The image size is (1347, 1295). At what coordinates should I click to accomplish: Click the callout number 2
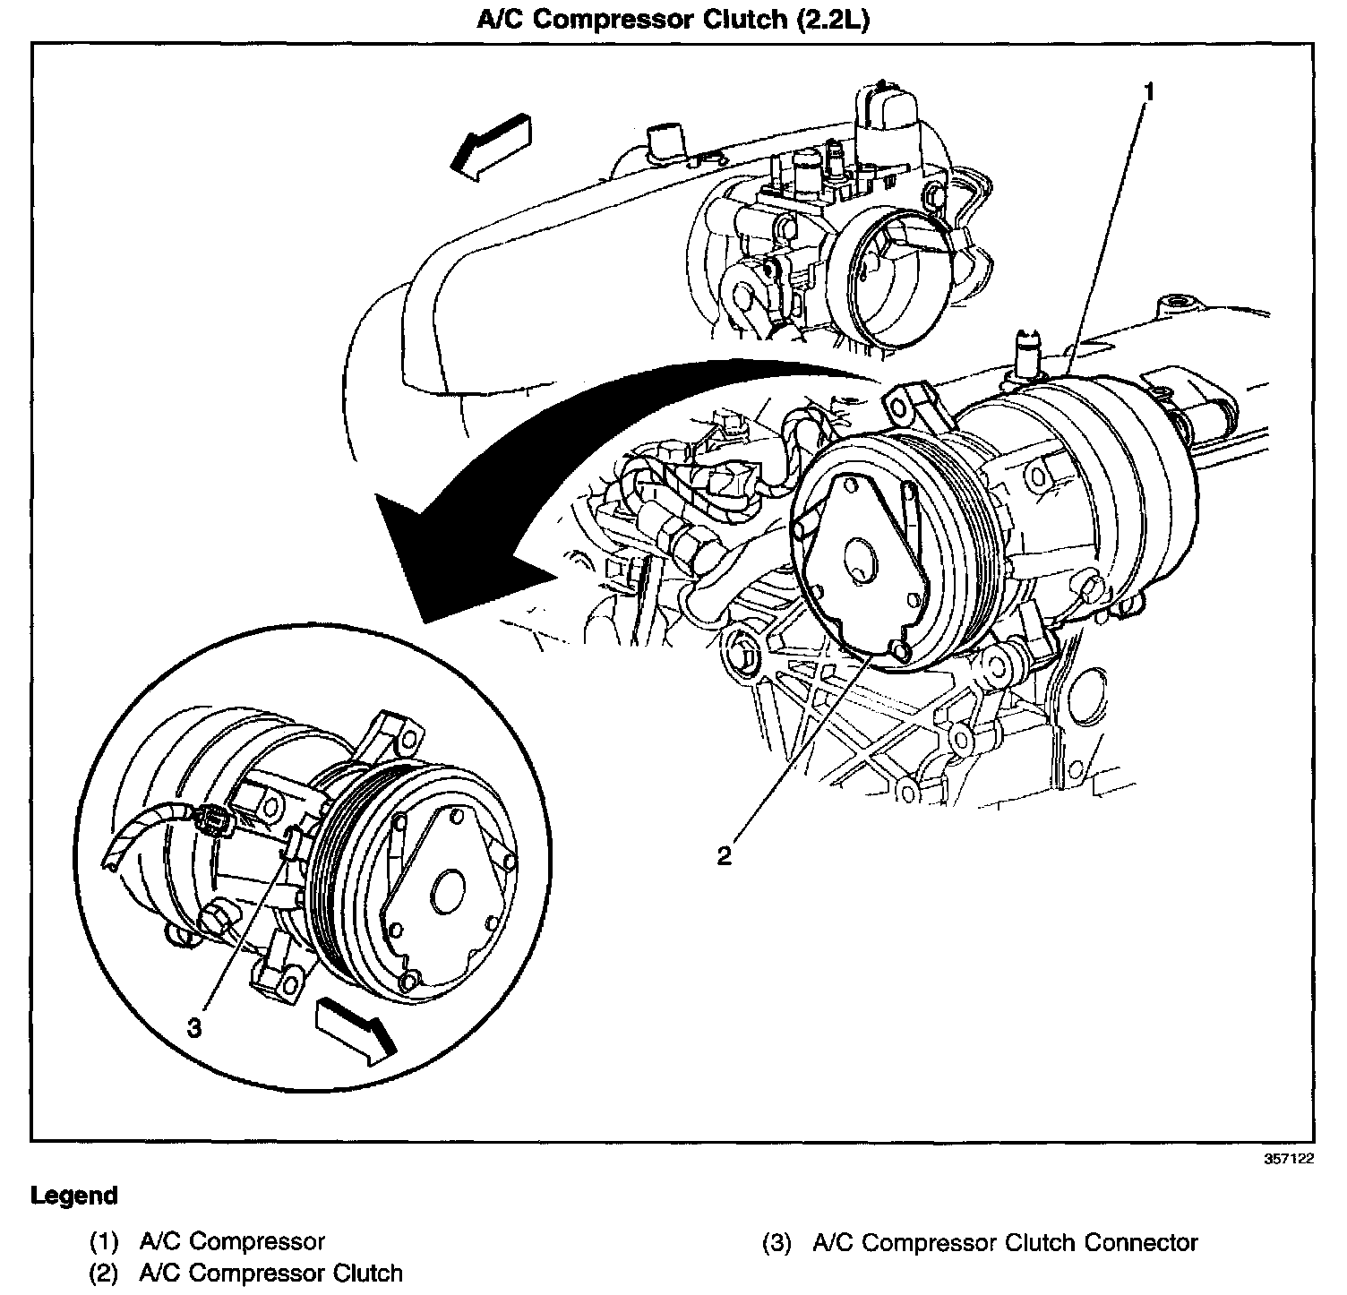coord(724,855)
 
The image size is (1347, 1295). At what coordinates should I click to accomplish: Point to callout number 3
coord(194,1027)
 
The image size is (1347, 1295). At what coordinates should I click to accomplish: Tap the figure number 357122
coord(1289,1158)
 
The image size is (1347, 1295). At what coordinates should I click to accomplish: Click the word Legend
coord(74,1196)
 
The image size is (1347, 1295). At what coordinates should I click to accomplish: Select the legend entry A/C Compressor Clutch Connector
coord(1005,1243)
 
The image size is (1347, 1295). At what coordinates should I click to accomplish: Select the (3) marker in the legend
coord(776,1243)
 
